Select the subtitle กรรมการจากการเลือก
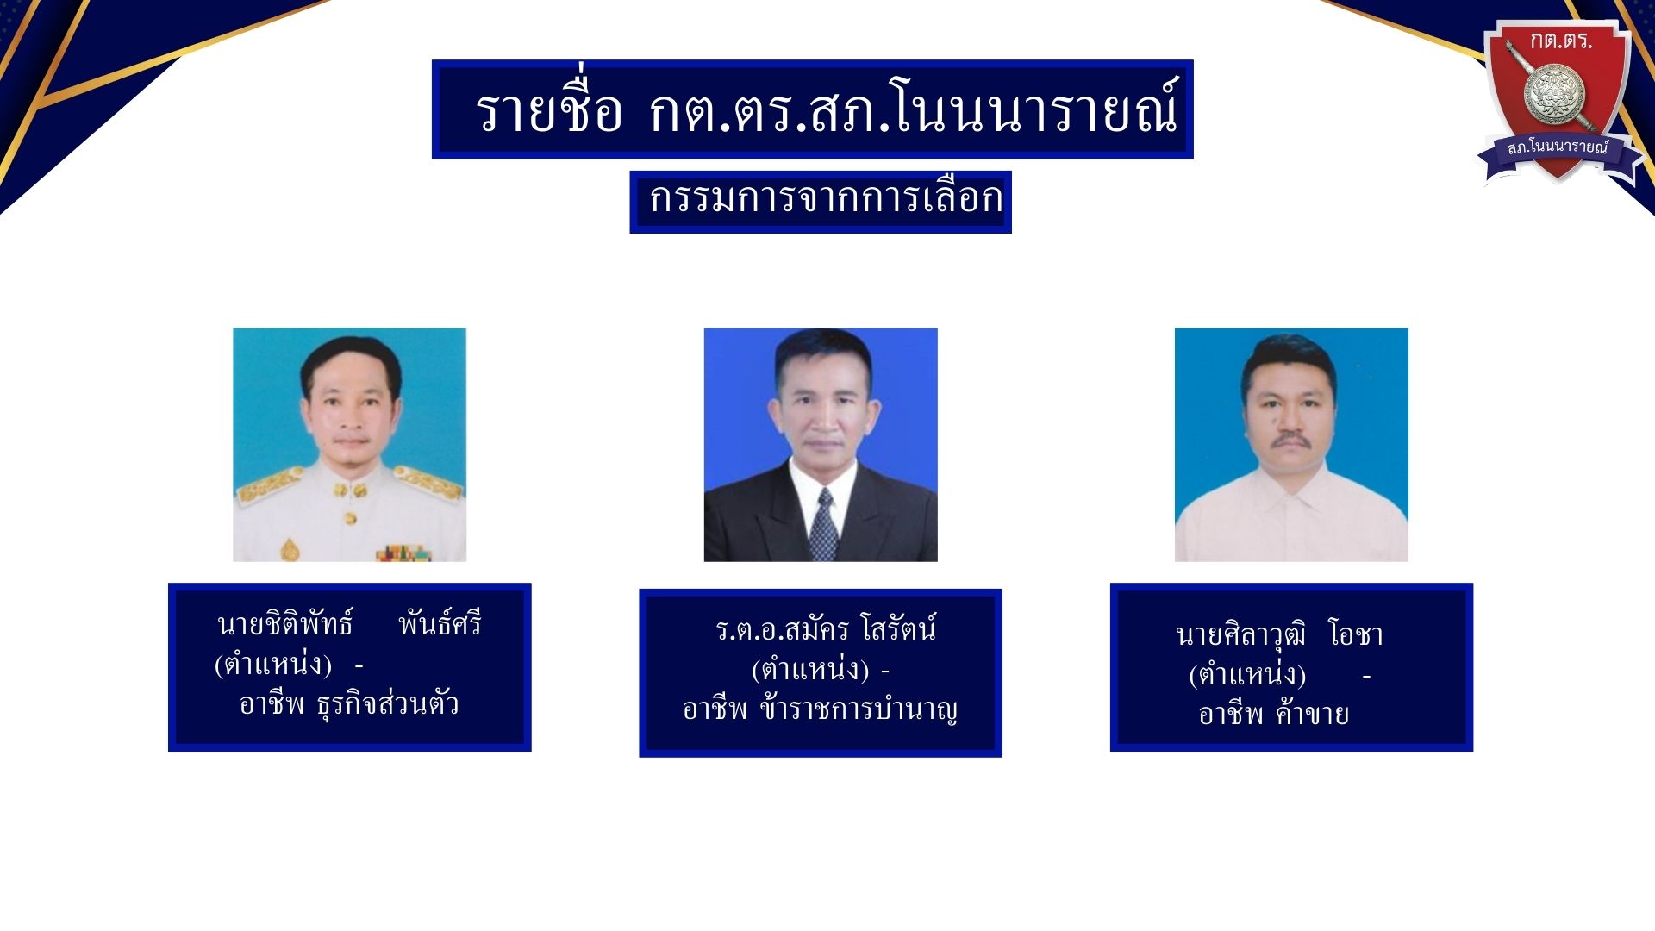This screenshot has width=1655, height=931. pyautogui.click(x=826, y=198)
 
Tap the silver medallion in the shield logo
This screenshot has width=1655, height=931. pyautogui.click(x=1554, y=93)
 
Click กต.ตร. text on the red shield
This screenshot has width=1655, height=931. pyautogui.click(x=1561, y=40)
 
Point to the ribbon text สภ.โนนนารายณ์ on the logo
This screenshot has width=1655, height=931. pyautogui.click(x=1558, y=147)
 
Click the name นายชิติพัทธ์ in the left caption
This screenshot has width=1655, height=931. pyautogui.click(x=285, y=623)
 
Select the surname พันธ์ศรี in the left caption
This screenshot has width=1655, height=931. pyautogui.click(x=440, y=622)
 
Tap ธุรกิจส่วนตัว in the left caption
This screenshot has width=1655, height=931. pyautogui.click(x=388, y=705)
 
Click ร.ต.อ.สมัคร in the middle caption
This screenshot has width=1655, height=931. pyautogui.click(x=782, y=629)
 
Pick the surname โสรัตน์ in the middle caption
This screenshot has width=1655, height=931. pyautogui.click(x=898, y=628)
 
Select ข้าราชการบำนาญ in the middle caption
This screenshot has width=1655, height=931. pyautogui.click(x=859, y=709)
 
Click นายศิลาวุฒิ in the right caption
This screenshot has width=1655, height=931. pyautogui.click(x=1241, y=635)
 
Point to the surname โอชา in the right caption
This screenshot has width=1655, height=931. pyautogui.click(x=1356, y=634)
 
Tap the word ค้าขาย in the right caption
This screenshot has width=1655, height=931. pyautogui.click(x=1312, y=714)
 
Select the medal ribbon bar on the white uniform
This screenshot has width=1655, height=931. pyautogui.click(x=403, y=553)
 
